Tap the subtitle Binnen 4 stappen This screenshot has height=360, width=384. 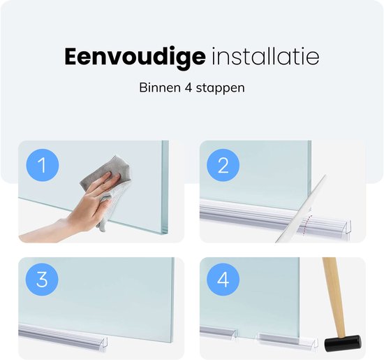tap(191, 89)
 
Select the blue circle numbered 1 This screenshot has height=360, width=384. tap(41, 166)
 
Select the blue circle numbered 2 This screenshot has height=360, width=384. tap(223, 166)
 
